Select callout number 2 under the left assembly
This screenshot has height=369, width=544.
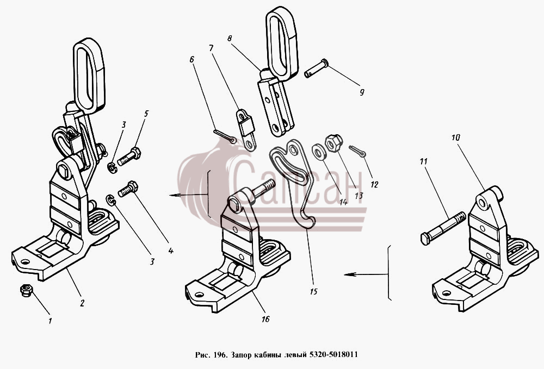click(82, 303)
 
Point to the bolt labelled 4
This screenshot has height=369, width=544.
click(128, 189)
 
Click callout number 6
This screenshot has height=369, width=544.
click(192, 60)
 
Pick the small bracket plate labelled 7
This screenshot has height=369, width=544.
click(246, 129)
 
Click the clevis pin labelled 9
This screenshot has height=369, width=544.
click(316, 68)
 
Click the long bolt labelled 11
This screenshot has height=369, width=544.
click(444, 228)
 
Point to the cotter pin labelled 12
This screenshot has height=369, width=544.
click(357, 151)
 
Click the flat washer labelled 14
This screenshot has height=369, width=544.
click(318, 152)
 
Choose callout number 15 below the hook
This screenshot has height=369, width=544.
click(313, 291)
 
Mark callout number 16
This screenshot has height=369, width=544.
click(265, 319)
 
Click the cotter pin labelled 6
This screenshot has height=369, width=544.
click(225, 135)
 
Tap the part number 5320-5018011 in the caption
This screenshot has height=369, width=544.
click(333, 355)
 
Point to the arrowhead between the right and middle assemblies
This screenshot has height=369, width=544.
click(349, 274)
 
